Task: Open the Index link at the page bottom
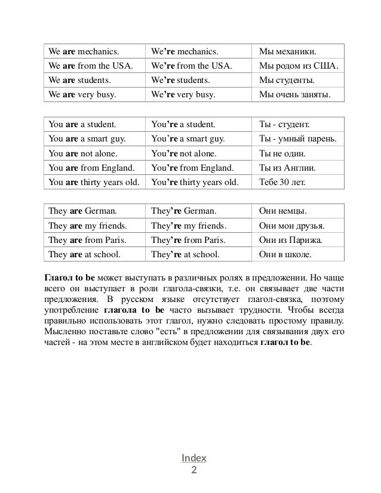(194, 458)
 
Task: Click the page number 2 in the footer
(193, 470)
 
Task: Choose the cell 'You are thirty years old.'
(94, 182)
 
